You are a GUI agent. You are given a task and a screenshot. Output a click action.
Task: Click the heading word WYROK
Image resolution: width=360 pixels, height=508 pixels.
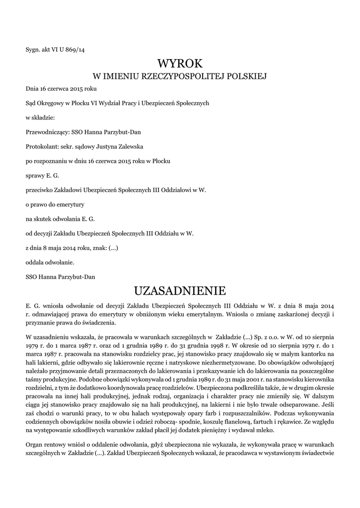180,63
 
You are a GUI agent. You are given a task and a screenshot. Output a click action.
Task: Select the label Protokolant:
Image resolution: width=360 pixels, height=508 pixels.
42,147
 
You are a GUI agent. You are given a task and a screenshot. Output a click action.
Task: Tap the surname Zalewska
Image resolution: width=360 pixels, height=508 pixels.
130,147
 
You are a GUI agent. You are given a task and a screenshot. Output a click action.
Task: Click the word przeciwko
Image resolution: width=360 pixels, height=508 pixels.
40,190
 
